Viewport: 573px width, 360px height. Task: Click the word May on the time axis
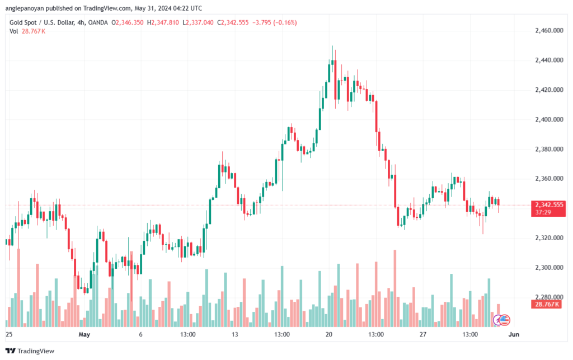[84, 335]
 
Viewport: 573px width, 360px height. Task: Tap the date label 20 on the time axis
[329, 335]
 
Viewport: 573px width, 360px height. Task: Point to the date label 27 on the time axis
[423, 335]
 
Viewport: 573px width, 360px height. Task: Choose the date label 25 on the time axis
[8, 335]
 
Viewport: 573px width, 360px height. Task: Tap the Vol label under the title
[13, 31]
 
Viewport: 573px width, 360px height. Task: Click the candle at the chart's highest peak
[333, 62]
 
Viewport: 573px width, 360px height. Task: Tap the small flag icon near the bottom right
[504, 320]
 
